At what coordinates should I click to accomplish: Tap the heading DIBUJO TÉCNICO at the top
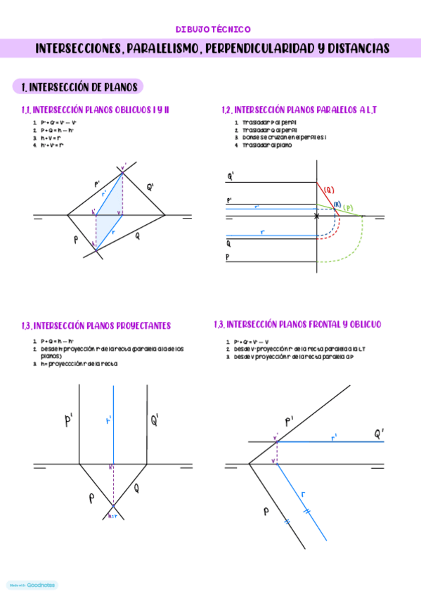tap(213, 30)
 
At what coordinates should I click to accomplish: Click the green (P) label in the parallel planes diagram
tap(349, 208)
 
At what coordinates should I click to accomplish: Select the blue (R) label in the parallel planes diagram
tap(337, 205)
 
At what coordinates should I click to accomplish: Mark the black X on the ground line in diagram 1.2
tap(316, 216)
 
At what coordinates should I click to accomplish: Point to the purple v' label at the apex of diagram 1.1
tap(124, 167)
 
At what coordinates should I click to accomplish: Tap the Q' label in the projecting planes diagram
tap(155, 421)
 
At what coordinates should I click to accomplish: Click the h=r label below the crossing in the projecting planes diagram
tap(114, 517)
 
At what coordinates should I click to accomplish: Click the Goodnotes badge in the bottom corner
tap(32, 585)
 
